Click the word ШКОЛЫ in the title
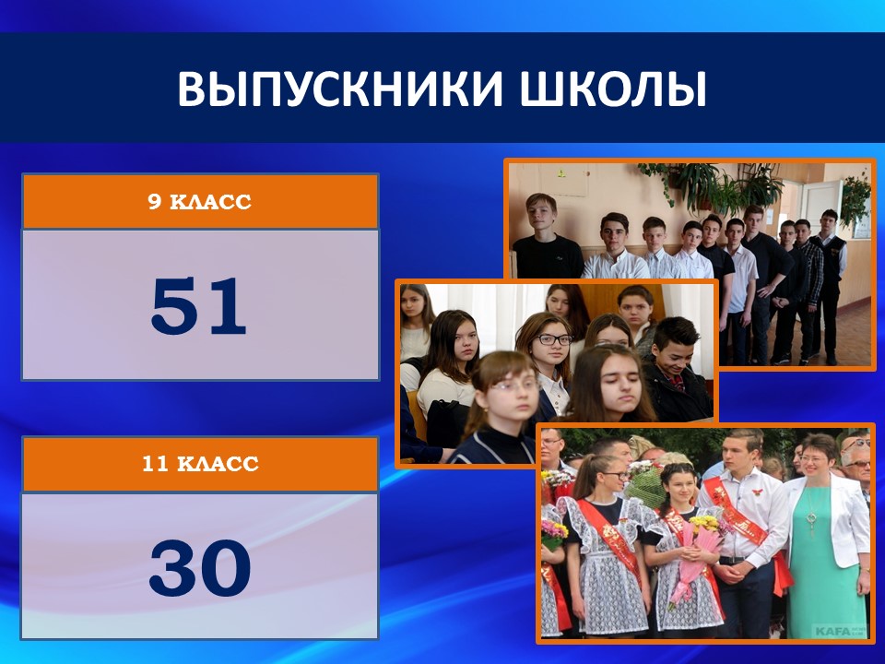(x=613, y=89)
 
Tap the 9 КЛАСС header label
(x=200, y=202)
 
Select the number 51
(x=199, y=306)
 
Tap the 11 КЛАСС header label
(x=200, y=464)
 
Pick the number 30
(x=200, y=568)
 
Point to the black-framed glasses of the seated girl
(x=554, y=339)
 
